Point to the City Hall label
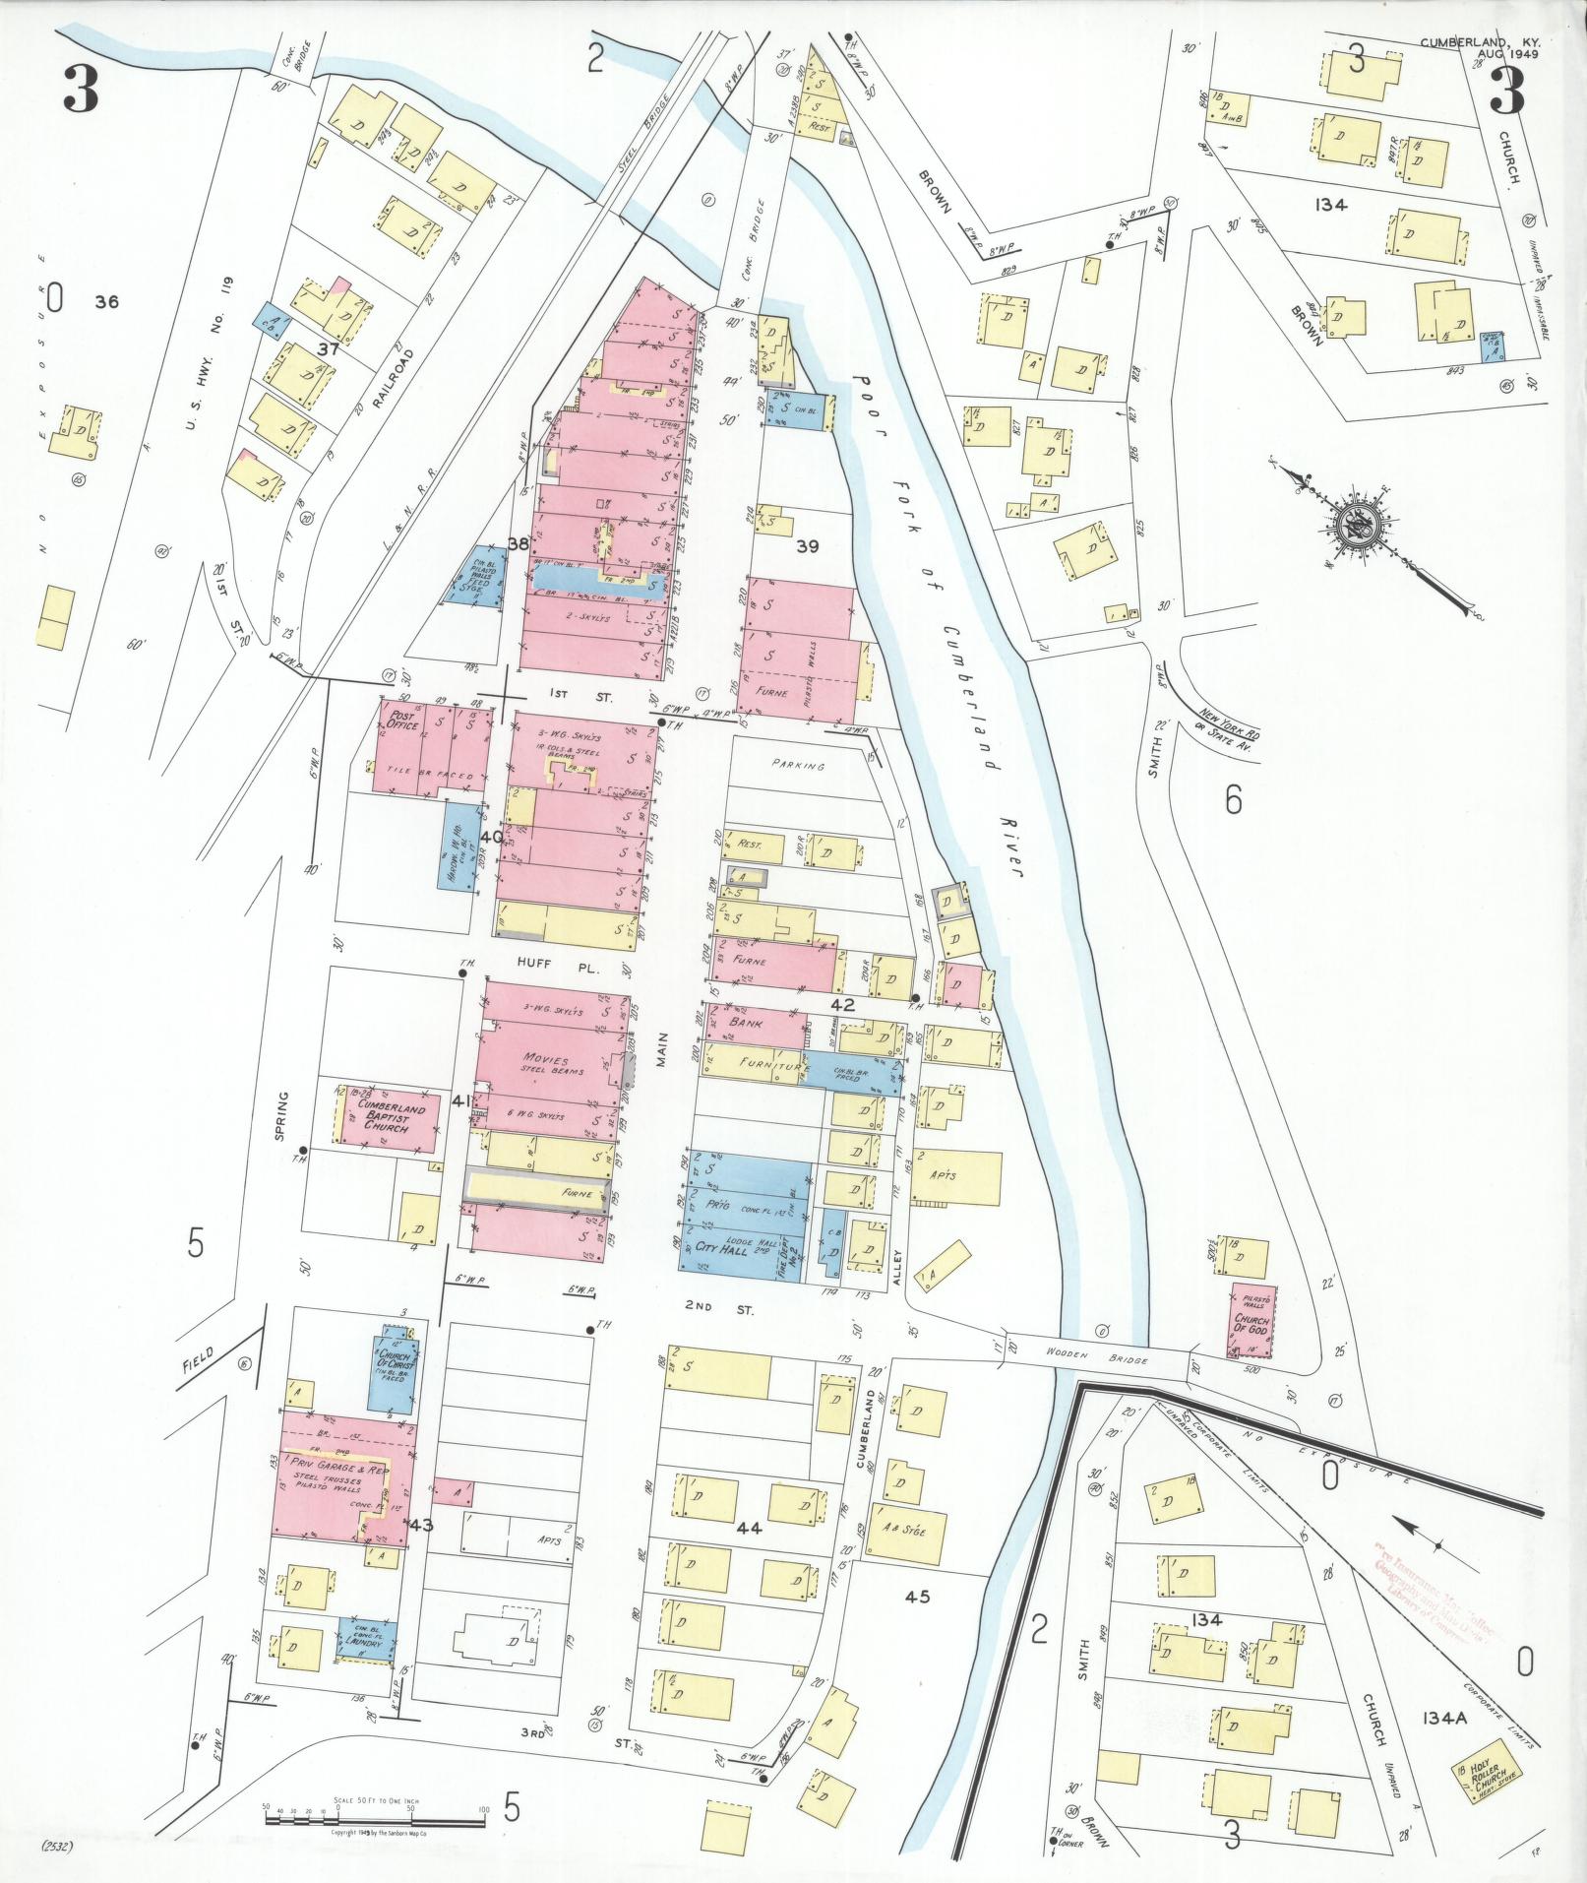click(722, 1247)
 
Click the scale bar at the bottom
click(374, 1813)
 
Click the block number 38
click(518, 543)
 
